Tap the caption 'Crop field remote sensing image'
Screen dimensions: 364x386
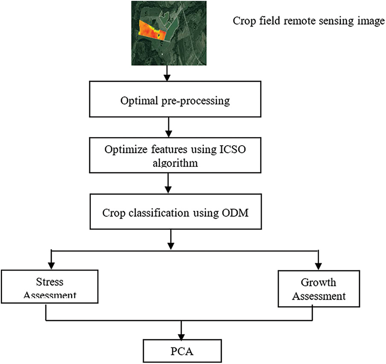pyautogui.click(x=308, y=22)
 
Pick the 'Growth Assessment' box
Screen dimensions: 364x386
pyautogui.click(x=318, y=288)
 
